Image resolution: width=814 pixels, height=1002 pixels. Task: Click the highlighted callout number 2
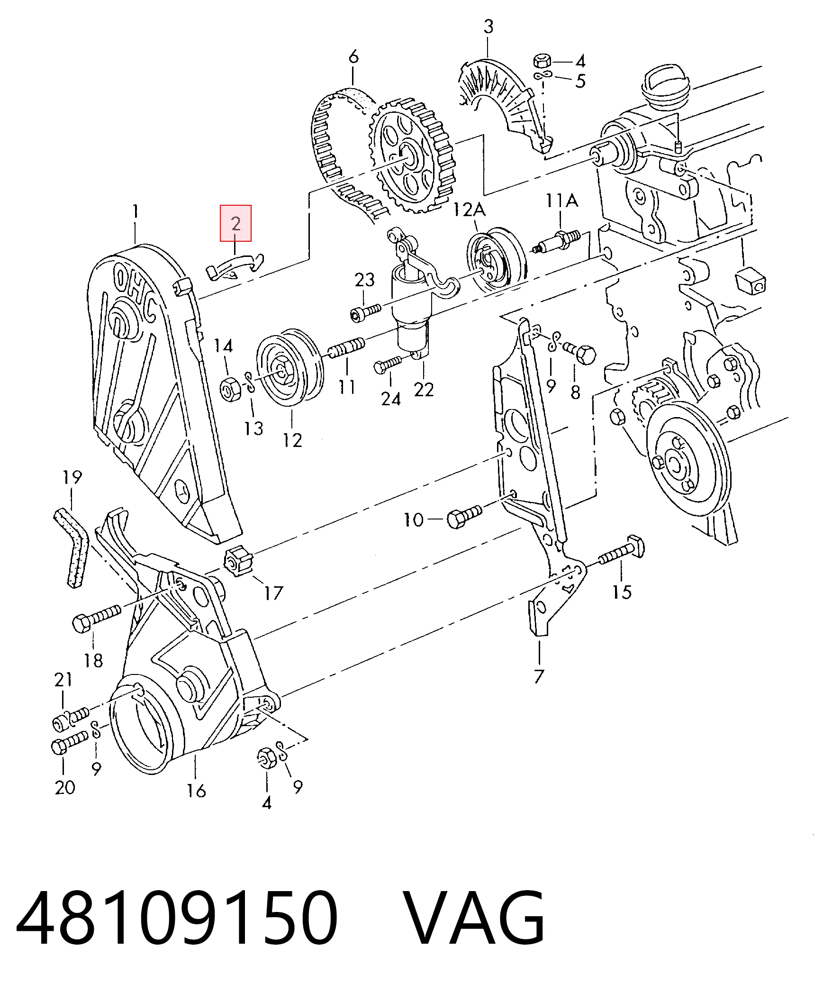(x=235, y=223)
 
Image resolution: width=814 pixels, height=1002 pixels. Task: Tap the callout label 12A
(x=470, y=209)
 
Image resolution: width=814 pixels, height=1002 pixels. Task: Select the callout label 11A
(x=561, y=200)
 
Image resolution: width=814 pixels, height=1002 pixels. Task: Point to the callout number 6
(x=353, y=57)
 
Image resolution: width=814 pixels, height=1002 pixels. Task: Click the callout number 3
(x=488, y=26)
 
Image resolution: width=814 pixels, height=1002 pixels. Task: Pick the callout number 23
(x=365, y=280)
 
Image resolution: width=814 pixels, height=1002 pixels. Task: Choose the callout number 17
(x=273, y=592)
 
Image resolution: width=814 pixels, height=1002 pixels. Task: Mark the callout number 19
(x=72, y=477)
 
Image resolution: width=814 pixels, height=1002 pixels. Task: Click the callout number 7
(x=539, y=676)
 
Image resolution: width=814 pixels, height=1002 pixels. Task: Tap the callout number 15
(x=622, y=592)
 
